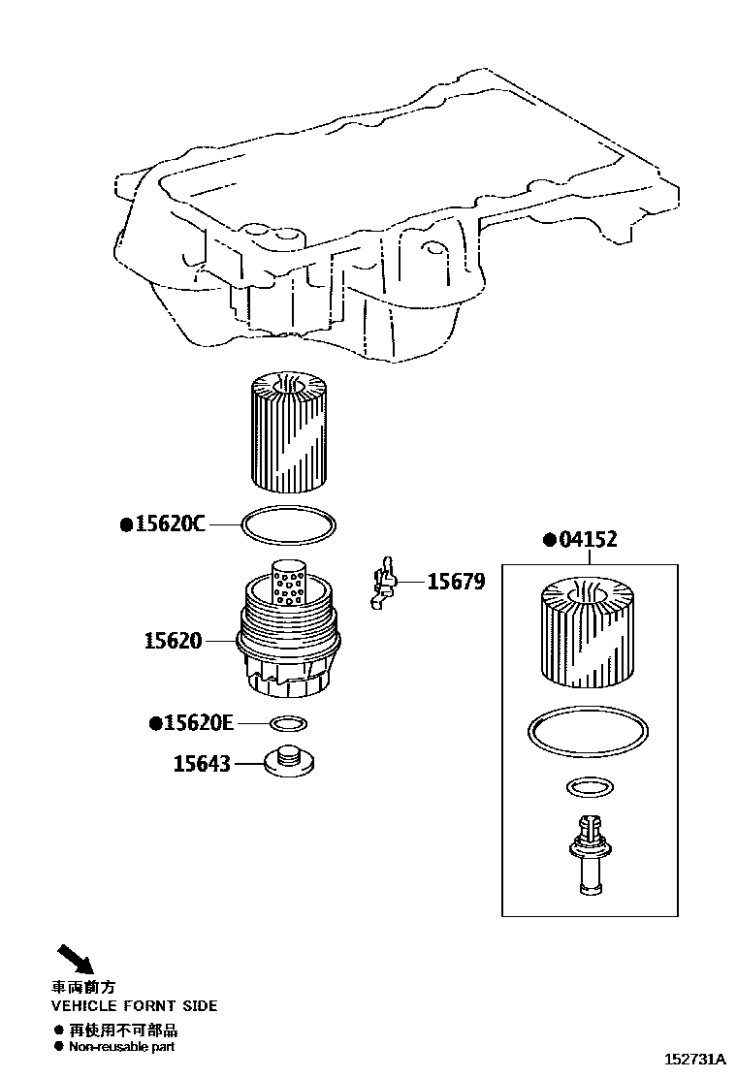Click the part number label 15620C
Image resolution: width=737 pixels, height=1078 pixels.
tap(170, 524)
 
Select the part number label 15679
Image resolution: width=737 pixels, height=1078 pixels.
tap(456, 582)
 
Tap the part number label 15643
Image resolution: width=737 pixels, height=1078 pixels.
tap(202, 764)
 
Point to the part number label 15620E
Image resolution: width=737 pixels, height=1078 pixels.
tap(199, 722)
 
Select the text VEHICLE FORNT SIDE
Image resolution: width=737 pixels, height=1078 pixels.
tap(134, 1006)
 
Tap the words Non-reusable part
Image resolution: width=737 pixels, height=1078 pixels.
tap(121, 1047)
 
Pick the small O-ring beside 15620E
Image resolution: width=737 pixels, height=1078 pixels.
tap(288, 722)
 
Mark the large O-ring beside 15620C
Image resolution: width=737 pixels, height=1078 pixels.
tap(289, 524)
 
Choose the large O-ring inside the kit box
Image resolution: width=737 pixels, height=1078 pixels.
tap(586, 732)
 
